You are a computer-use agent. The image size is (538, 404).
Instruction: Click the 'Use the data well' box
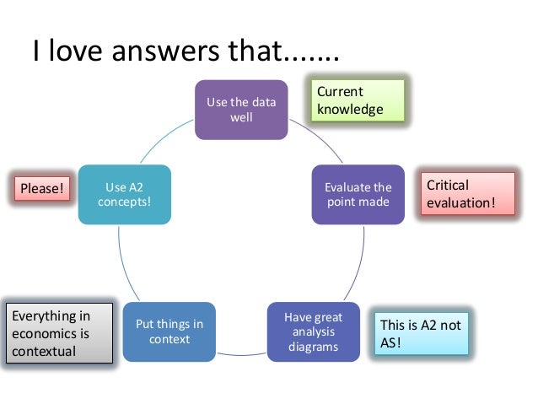[x=241, y=110]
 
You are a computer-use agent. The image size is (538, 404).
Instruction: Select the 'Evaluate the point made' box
[x=358, y=194]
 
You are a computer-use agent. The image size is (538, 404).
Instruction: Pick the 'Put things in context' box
[x=169, y=331]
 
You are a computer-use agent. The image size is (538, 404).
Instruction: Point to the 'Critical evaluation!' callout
[x=469, y=194]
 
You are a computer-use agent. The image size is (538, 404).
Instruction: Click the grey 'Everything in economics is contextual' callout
[x=59, y=332]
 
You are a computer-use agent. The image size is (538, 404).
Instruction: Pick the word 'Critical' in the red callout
[x=448, y=185]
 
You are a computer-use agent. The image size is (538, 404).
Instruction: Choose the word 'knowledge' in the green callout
[x=349, y=109]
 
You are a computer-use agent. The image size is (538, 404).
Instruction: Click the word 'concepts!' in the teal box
[x=125, y=202]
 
